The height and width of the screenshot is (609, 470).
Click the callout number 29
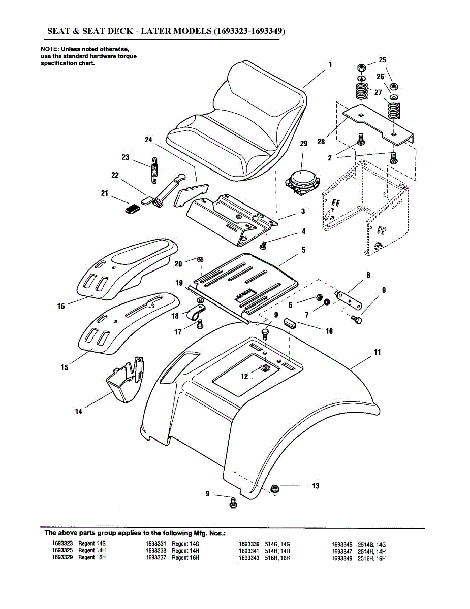click(x=304, y=144)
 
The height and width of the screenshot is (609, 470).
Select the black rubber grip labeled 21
click(x=133, y=209)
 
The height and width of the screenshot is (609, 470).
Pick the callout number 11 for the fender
click(x=378, y=352)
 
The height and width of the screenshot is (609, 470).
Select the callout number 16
click(x=61, y=307)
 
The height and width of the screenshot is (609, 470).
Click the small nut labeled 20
click(x=200, y=259)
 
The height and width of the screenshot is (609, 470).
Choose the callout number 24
click(x=148, y=139)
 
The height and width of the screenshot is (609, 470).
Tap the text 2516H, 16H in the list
click(x=371, y=558)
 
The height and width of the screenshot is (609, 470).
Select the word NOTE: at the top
click(x=50, y=49)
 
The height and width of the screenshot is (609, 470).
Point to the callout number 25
click(x=383, y=60)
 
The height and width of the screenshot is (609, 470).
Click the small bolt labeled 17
click(x=200, y=324)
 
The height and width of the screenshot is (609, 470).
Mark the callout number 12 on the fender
click(x=244, y=377)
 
